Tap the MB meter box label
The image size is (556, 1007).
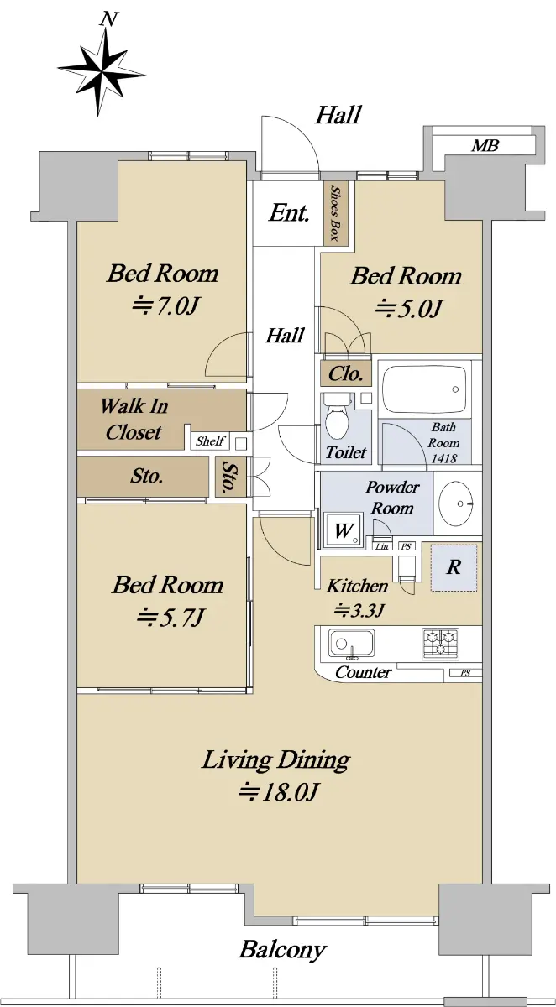pyautogui.click(x=485, y=146)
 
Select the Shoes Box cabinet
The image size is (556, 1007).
pyautogui.click(x=336, y=213)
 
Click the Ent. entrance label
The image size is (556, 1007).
pyautogui.click(x=289, y=213)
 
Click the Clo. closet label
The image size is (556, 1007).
pyautogui.click(x=345, y=373)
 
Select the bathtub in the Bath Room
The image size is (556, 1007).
pyautogui.click(x=424, y=389)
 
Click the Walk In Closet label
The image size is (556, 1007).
pyautogui.click(x=134, y=419)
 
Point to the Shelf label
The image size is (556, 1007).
pyautogui.click(x=210, y=441)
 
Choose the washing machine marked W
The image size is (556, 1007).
pyautogui.click(x=344, y=530)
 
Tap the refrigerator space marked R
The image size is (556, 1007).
pyautogui.click(x=454, y=568)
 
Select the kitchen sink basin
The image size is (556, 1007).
pyautogui.click(x=351, y=644)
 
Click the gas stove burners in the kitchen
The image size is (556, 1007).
pyautogui.click(x=440, y=644)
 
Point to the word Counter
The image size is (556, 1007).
pyautogui.click(x=364, y=672)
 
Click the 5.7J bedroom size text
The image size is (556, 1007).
pyautogui.click(x=170, y=618)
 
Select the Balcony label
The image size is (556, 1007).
pyautogui.click(x=282, y=949)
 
